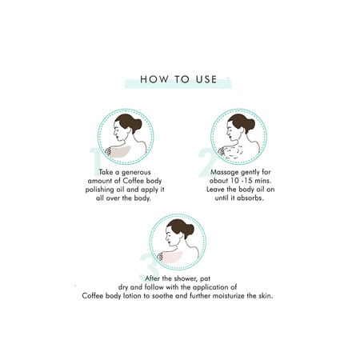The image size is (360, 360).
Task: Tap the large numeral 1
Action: (97, 158)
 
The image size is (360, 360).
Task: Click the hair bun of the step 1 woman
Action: (138, 124)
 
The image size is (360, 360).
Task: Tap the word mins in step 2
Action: (256, 181)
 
